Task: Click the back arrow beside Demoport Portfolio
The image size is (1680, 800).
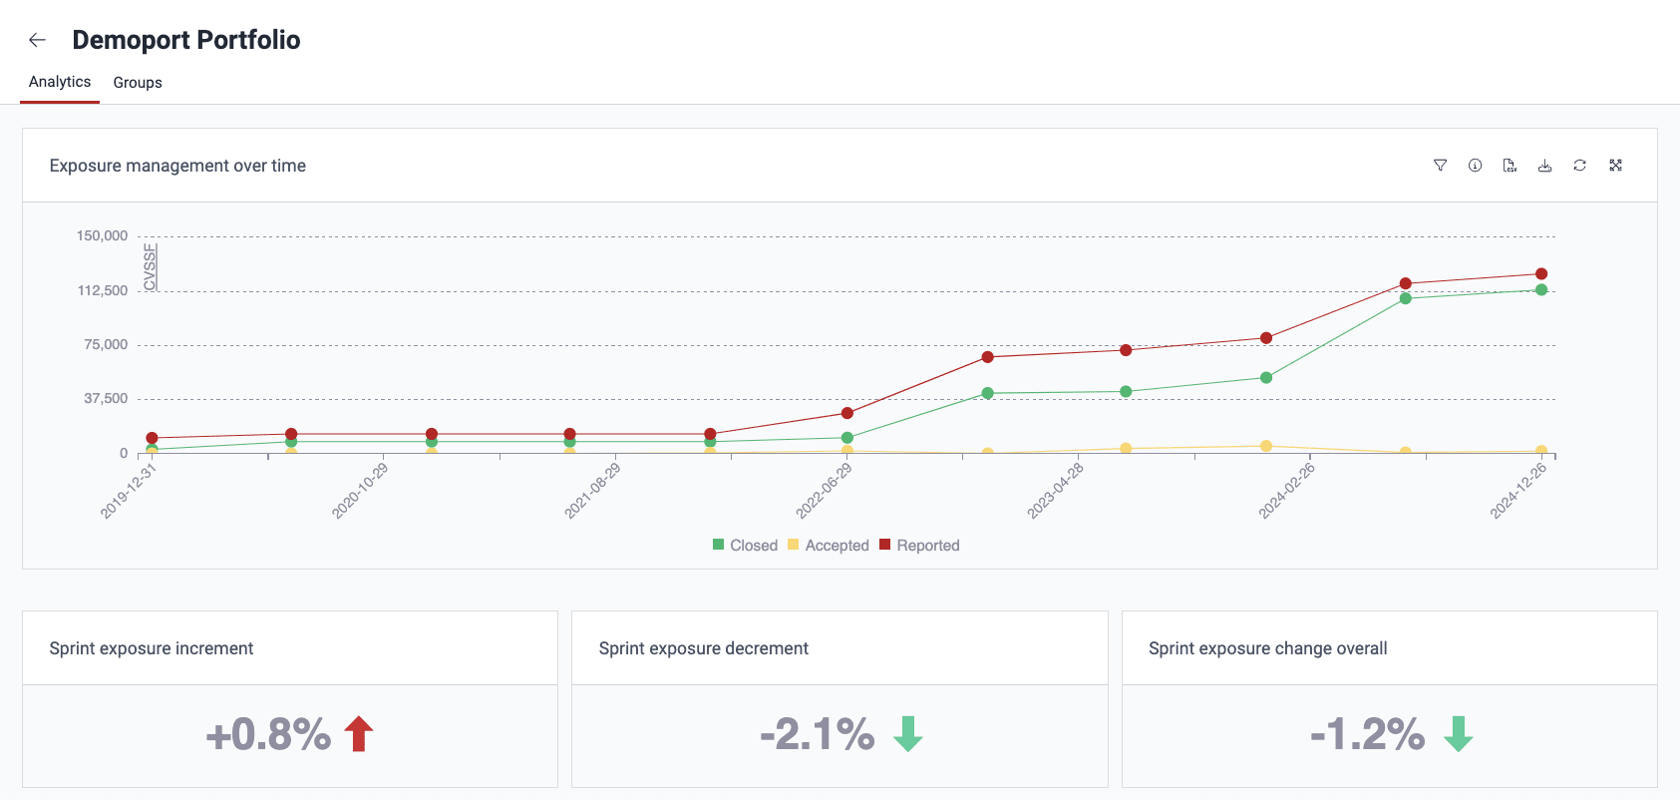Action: tap(38, 40)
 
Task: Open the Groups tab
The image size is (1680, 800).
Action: tap(138, 83)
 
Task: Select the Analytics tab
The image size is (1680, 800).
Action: tap(60, 82)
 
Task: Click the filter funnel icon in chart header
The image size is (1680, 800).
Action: tap(1440, 166)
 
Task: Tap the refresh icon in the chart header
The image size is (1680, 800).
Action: tap(1579, 166)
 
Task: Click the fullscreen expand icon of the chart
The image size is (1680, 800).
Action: tap(1615, 166)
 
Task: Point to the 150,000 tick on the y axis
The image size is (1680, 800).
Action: tap(103, 236)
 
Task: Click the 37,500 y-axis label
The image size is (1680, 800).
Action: tap(106, 399)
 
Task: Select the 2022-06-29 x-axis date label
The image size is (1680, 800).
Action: tap(824, 491)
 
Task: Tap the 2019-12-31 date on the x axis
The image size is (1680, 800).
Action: tap(129, 491)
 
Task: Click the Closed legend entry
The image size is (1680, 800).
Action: tap(745, 546)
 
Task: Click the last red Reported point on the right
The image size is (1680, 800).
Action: tap(1541, 274)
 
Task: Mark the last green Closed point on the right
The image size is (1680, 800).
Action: tap(1541, 290)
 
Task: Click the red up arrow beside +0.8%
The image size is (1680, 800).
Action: tap(359, 734)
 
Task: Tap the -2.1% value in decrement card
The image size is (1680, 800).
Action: tap(817, 734)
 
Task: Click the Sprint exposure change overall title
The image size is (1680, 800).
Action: tap(1267, 648)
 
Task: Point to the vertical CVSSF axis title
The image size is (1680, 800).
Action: tap(151, 267)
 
